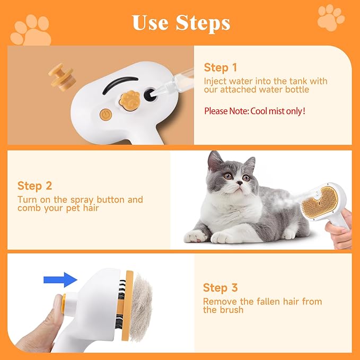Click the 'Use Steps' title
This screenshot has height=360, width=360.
click(x=180, y=23)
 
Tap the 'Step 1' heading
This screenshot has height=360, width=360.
click(x=220, y=68)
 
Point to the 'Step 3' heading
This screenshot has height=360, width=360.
click(x=220, y=288)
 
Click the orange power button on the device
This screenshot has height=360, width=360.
click(x=105, y=114)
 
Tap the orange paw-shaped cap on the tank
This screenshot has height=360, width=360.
click(x=129, y=98)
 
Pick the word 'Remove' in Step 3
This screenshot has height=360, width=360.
click(x=218, y=301)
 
